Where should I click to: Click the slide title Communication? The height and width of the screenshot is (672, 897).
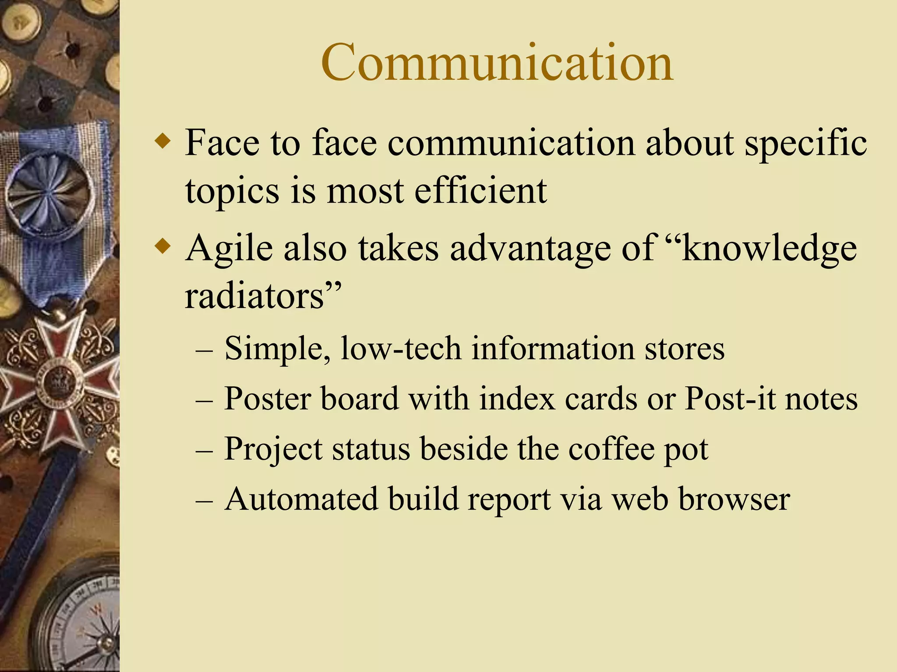click(x=497, y=63)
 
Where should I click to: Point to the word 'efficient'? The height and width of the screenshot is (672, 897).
click(x=480, y=191)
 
